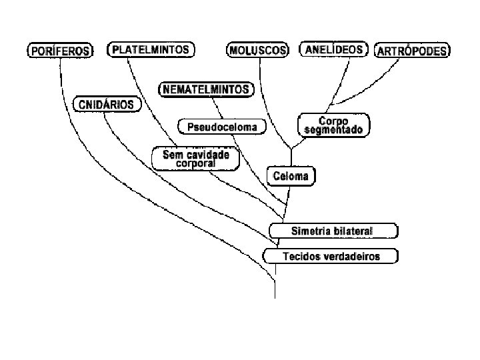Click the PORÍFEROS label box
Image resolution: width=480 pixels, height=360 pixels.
(59, 51)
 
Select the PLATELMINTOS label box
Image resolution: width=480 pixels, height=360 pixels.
(151, 49)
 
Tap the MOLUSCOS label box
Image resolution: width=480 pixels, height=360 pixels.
(258, 51)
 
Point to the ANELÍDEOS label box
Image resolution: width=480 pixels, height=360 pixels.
(333, 49)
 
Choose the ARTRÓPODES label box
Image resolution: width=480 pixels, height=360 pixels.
(413, 51)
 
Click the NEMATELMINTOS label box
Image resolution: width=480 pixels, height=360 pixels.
(206, 89)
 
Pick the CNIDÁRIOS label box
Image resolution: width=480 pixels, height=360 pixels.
(107, 105)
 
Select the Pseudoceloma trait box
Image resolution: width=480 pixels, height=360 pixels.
(222, 127)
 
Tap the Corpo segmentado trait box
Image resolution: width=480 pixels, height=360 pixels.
(333, 125)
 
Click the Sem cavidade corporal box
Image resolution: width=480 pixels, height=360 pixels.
(195, 159)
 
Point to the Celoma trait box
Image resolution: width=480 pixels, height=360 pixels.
(291, 176)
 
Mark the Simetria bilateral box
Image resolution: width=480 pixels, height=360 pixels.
(333, 231)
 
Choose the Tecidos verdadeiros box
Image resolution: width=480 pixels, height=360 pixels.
(331, 256)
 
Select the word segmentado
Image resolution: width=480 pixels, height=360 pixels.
(333, 131)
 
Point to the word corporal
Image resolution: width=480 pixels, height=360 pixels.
(195, 164)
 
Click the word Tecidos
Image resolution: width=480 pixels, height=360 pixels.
(300, 256)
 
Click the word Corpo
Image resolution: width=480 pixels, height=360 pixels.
(334, 121)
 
